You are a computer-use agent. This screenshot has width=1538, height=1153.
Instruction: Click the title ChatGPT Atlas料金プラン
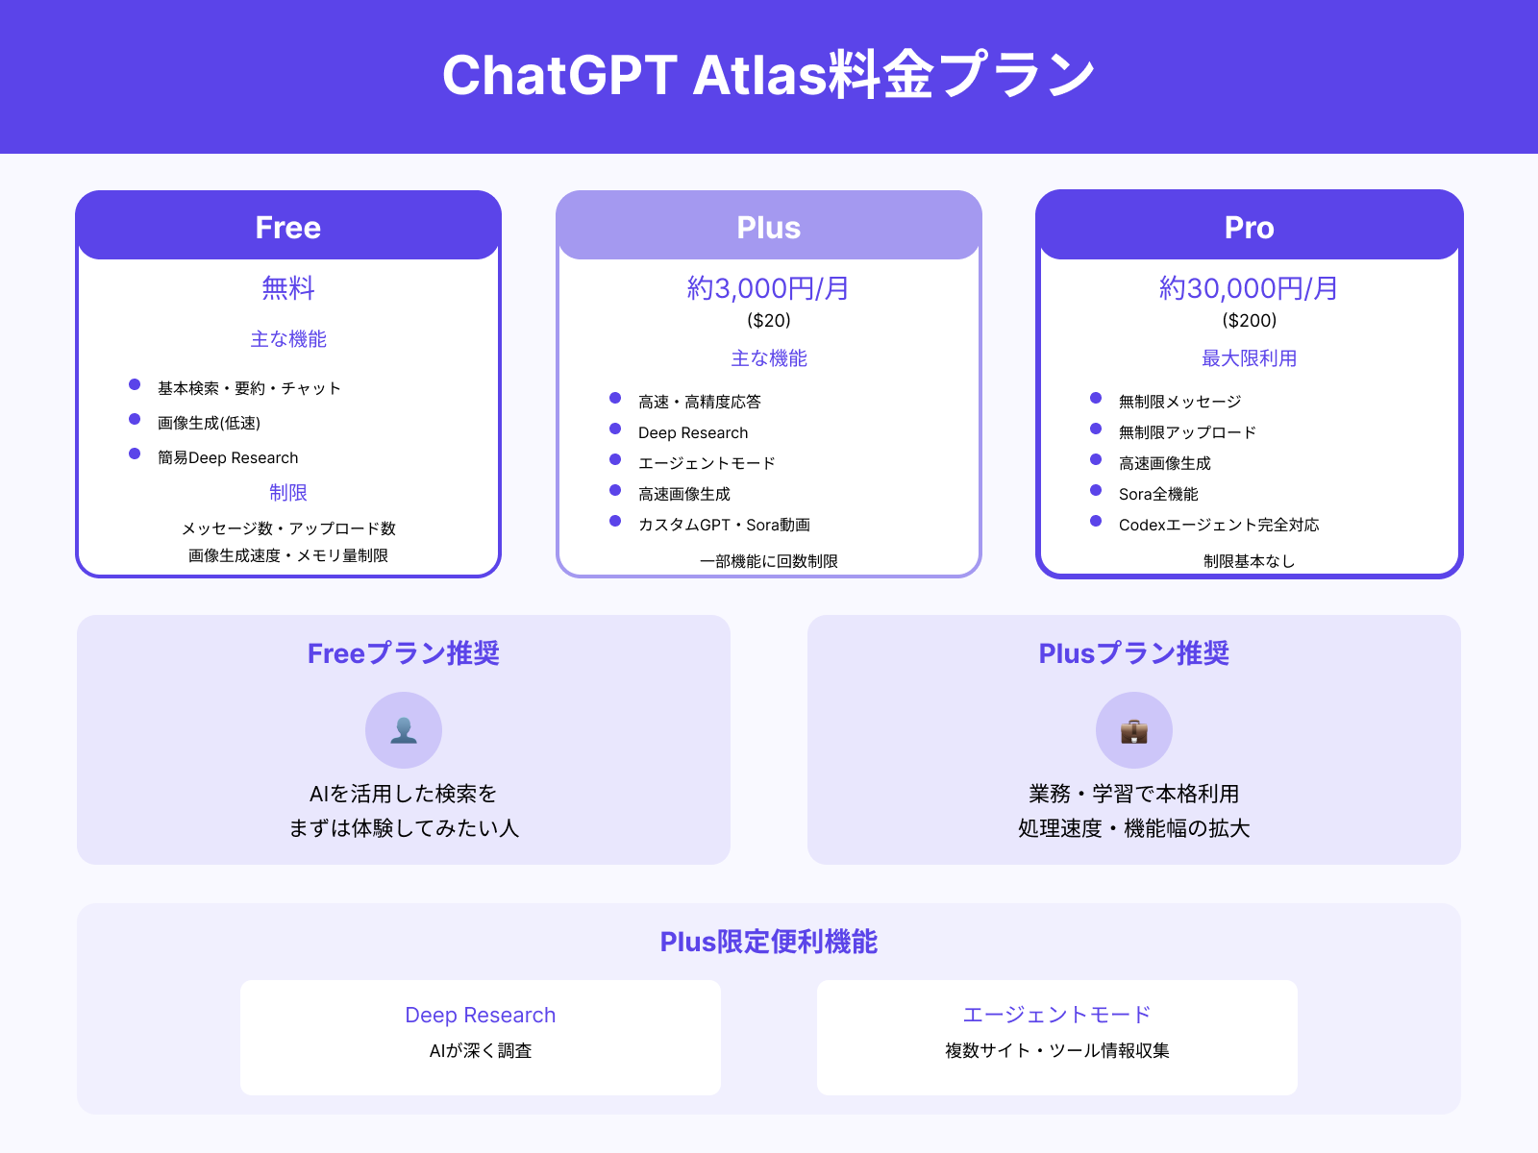(769, 75)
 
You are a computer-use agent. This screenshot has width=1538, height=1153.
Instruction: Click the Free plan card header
(288, 227)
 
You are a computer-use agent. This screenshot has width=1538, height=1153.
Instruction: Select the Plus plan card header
(769, 227)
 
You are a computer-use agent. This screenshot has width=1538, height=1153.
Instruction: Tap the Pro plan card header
(1250, 227)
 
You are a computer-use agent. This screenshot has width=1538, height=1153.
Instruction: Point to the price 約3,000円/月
(768, 288)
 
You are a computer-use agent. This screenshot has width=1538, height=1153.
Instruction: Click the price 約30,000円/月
(1249, 288)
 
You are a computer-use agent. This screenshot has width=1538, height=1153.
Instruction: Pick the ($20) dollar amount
(769, 320)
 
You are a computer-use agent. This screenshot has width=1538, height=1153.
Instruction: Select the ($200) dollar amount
(1250, 320)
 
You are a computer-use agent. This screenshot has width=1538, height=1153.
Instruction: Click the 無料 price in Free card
(288, 288)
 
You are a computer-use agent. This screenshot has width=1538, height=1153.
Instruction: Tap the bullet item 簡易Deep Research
(228, 457)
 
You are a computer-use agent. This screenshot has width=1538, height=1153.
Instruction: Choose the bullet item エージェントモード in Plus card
(707, 463)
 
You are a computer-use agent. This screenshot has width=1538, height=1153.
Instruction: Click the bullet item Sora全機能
(1158, 494)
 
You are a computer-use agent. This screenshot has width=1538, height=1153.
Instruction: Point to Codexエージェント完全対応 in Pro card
(1219, 525)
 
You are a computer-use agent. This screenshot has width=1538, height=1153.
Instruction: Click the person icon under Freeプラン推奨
(404, 730)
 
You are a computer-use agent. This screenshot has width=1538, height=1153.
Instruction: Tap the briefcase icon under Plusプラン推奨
(1134, 730)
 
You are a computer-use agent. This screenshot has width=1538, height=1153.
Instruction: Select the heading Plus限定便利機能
(769, 942)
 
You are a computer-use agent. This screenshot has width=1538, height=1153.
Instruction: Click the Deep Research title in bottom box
(481, 1015)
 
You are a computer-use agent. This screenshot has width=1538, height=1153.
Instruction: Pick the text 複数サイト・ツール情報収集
(1057, 1050)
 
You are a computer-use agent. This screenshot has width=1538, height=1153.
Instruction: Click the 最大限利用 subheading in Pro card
(1250, 358)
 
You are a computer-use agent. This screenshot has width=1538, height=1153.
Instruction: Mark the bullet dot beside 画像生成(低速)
(135, 419)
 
